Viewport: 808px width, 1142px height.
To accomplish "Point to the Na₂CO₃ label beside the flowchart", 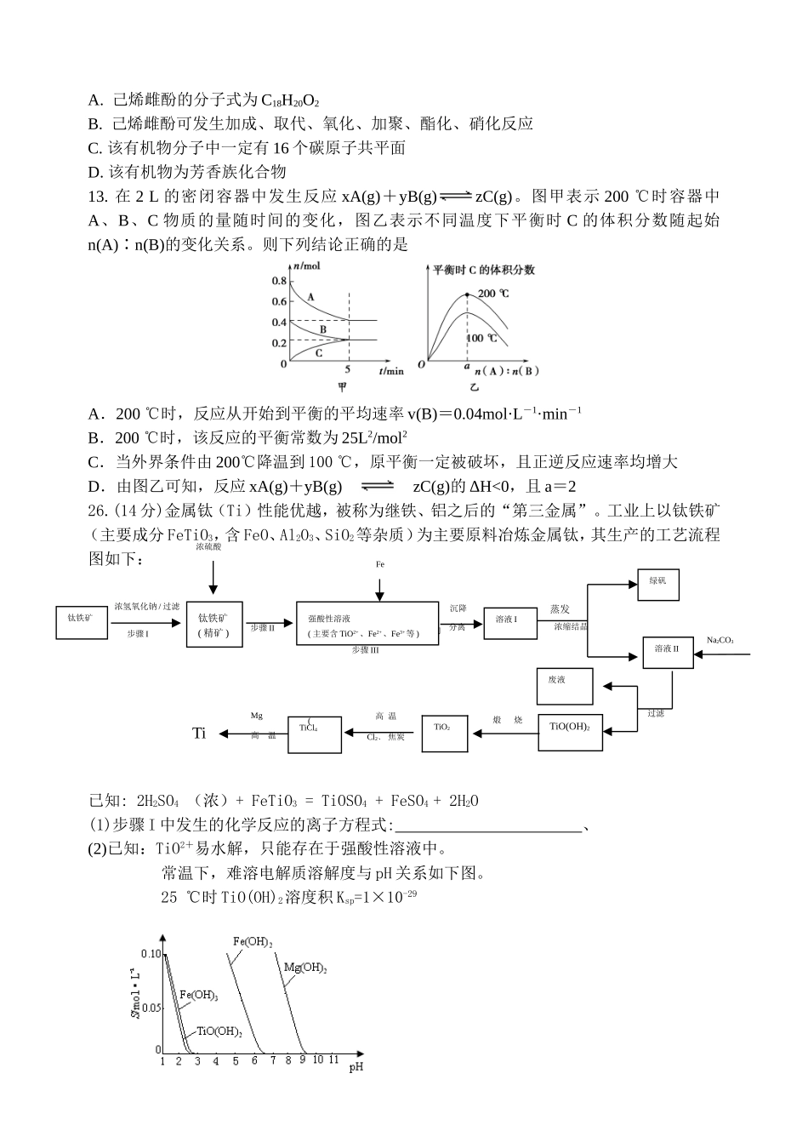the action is pos(720,640).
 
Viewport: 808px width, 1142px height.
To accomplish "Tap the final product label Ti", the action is pos(199,734).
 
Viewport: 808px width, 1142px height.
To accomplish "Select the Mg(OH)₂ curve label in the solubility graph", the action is pos(305,968).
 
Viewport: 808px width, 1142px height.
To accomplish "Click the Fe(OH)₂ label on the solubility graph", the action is pos(253,942).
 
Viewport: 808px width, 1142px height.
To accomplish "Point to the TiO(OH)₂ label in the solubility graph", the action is pos(219,1031).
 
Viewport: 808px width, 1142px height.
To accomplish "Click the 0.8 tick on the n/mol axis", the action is pos(279,282).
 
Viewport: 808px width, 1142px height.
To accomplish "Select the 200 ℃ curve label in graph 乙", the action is pos(493,294).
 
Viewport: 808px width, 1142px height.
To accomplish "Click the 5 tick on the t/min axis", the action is pos(348,370).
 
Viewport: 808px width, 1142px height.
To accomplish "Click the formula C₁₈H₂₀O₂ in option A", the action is pos(290,100).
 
